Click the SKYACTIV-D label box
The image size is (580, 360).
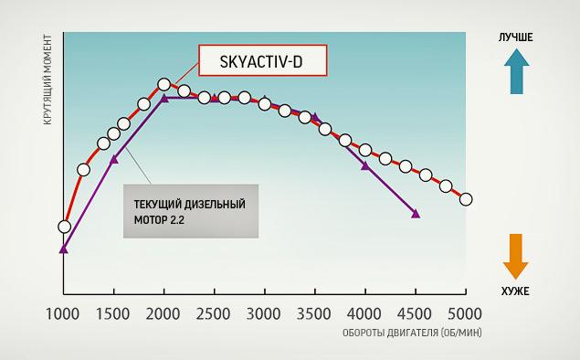pos(263,60)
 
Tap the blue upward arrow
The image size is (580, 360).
pos(516,71)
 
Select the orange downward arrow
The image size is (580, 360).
pos(516,256)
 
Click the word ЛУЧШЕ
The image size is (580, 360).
pos(516,37)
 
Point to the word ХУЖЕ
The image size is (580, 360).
pos(515,291)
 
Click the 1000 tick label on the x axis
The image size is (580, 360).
pos(62,314)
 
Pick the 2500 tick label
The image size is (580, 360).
pos(213,314)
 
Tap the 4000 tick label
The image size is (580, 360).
pos(364,314)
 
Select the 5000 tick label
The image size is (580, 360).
pos(465,314)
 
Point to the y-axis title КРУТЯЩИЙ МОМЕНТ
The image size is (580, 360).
pos(47,79)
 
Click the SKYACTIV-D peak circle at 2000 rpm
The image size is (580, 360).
pos(163,85)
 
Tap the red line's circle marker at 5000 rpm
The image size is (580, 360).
pos(466,199)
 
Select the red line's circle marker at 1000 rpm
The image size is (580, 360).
pos(64,227)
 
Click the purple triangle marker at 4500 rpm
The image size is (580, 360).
pos(416,214)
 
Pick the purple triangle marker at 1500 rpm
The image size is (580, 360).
pos(114,160)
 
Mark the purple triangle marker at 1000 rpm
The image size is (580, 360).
pos(64,249)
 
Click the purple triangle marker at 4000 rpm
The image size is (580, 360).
pos(365,165)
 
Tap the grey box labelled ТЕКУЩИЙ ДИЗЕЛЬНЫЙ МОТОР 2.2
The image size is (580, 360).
pos(191,211)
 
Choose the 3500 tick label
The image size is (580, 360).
pos(313,314)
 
